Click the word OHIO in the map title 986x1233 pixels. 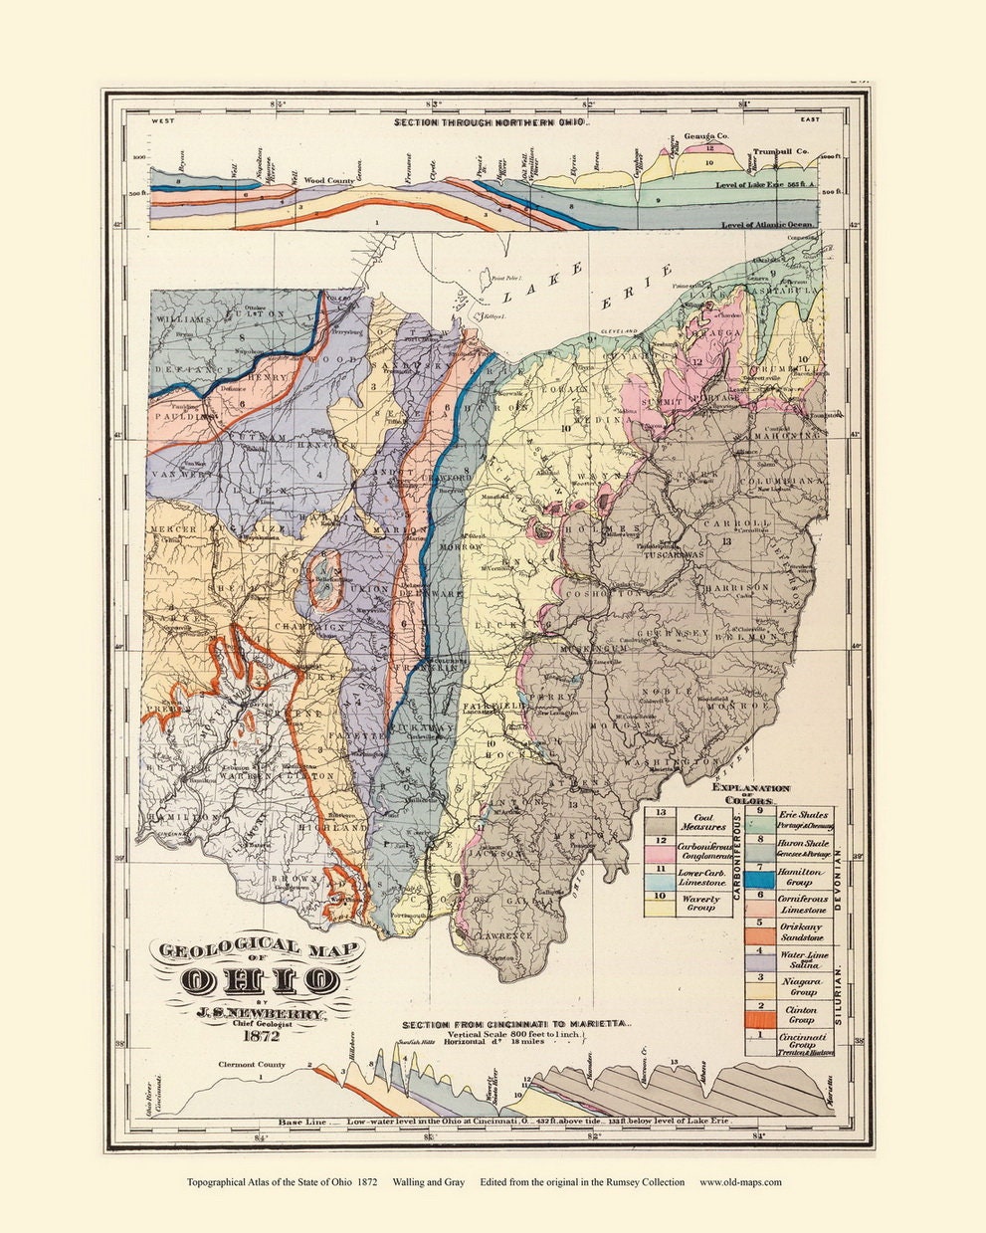pos(260,980)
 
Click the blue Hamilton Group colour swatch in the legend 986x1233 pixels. pos(761,877)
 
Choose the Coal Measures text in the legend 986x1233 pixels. pos(702,821)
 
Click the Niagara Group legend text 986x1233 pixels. pos(803,986)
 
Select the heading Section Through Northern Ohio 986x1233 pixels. pos(492,124)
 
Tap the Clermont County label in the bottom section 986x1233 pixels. pos(253,1065)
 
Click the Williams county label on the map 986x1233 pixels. pos(183,319)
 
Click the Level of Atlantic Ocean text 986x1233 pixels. pos(769,226)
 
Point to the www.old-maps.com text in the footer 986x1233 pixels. pos(740,1182)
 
